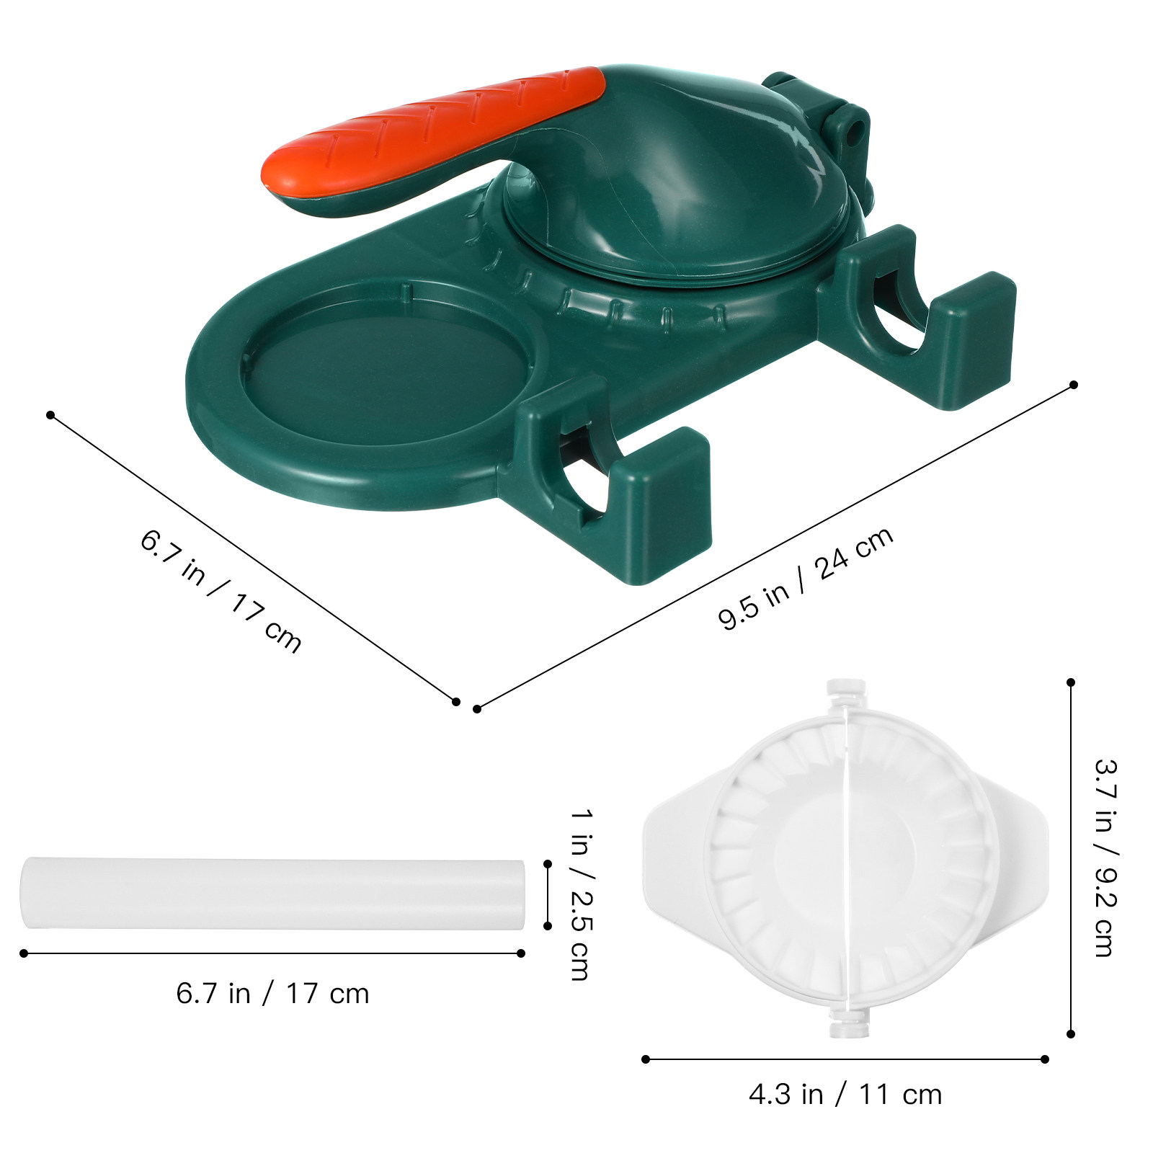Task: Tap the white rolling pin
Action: click(272, 894)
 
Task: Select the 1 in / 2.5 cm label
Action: click(581, 894)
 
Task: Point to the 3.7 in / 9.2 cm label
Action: click(1105, 858)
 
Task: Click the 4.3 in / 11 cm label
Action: click(845, 1095)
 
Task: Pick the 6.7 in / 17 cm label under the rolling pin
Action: click(272, 994)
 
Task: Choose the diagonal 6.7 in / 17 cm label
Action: click(221, 591)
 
